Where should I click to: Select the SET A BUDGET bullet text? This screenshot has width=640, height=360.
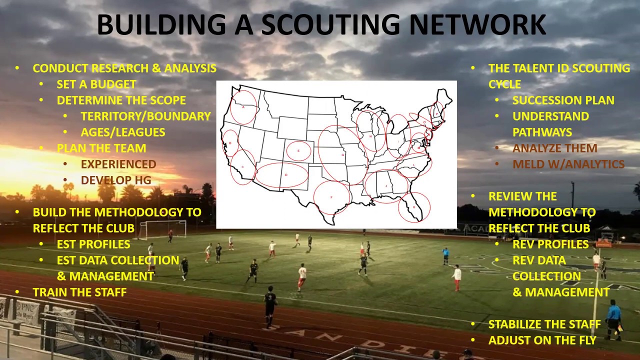click(96, 84)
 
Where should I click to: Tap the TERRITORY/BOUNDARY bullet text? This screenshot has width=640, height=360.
click(145, 116)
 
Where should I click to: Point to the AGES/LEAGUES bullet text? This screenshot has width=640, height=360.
click(123, 132)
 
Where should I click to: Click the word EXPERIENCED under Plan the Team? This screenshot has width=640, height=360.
click(118, 164)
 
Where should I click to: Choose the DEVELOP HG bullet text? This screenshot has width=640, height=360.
click(116, 180)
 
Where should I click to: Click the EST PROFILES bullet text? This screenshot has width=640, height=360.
click(93, 244)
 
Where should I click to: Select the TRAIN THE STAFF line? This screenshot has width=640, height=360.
click(79, 292)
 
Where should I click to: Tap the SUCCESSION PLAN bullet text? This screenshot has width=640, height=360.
click(563, 100)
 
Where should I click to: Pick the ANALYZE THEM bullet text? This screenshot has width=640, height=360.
click(554, 148)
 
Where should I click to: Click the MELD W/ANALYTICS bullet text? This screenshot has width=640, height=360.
click(568, 164)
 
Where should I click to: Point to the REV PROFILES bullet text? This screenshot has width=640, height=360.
click(550, 244)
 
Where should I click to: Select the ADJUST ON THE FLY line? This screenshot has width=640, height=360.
click(542, 340)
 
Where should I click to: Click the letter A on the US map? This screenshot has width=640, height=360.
click(243, 106)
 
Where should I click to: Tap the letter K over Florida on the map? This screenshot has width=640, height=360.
click(413, 207)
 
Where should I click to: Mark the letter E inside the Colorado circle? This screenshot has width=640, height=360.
click(298, 150)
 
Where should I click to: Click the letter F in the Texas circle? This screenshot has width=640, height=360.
click(331, 197)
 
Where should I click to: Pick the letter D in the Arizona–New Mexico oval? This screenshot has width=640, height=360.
click(286, 175)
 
